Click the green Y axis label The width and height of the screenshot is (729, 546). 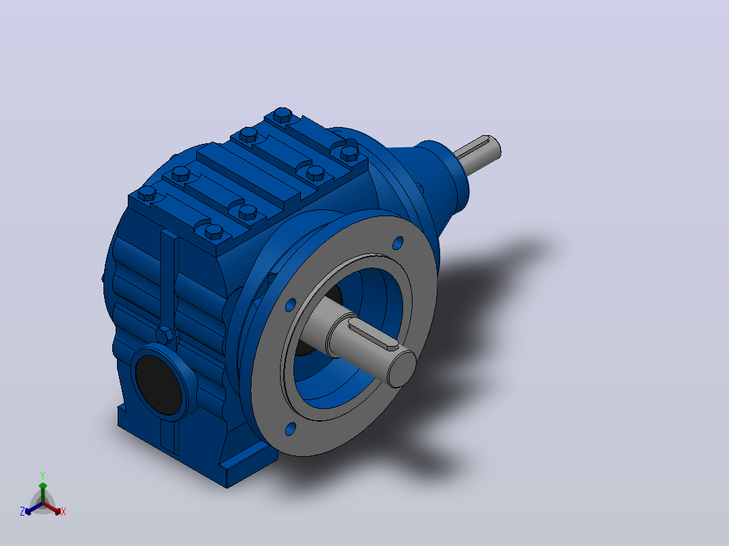tap(43, 475)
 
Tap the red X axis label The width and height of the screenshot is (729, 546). tap(64, 512)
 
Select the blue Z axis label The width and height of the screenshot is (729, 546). tap(22, 511)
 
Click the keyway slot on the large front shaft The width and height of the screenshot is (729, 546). tap(374, 335)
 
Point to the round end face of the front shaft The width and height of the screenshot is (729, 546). tap(401, 369)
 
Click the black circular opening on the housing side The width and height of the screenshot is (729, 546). tap(158, 385)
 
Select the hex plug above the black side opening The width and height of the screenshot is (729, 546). tap(165, 335)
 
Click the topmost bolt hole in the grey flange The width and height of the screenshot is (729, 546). tap(398, 243)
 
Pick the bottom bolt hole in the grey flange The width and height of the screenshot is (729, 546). tap(290, 428)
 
